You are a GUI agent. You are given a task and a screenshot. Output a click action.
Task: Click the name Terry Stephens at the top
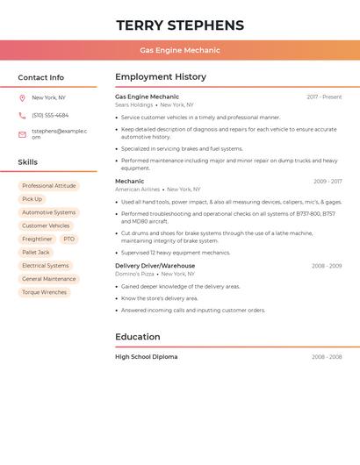pyautogui.click(x=180, y=25)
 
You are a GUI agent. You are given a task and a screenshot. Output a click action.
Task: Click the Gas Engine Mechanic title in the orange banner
pyautogui.click(x=180, y=50)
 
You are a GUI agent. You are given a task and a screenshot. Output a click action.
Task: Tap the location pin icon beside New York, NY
pyautogui.click(x=22, y=97)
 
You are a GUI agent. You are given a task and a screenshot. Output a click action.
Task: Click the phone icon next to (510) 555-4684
pyautogui.click(x=22, y=115)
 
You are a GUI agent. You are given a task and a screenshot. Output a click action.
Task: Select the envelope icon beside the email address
pyautogui.click(x=22, y=134)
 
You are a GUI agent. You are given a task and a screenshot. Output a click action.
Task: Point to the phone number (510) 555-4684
pyautogui.click(x=50, y=115)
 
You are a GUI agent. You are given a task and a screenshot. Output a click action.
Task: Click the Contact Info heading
pyautogui.click(x=40, y=77)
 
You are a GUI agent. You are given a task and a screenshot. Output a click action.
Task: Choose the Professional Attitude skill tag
pyautogui.click(x=49, y=186)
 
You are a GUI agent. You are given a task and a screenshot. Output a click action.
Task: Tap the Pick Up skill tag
pyautogui.click(x=32, y=199)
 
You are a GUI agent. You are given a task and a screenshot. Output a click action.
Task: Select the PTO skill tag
pyautogui.click(x=69, y=239)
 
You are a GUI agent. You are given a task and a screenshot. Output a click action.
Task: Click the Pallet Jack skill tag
pyautogui.click(x=36, y=252)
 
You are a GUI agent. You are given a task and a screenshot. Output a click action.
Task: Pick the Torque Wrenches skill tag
pyautogui.click(x=44, y=292)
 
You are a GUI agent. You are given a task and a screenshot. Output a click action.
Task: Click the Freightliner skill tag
pyautogui.click(x=37, y=239)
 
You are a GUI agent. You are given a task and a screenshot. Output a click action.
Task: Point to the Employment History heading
pyautogui.click(x=161, y=77)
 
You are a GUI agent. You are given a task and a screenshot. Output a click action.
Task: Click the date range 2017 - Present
pyautogui.click(x=324, y=97)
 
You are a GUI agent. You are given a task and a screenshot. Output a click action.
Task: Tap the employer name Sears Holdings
pyautogui.click(x=133, y=104)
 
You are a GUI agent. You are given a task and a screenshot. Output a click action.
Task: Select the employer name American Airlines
pyautogui.click(x=137, y=189)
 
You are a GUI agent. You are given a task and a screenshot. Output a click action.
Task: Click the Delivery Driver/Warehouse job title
pyautogui.click(x=155, y=265)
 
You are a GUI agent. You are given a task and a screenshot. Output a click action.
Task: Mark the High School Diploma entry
pyautogui.click(x=146, y=357)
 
